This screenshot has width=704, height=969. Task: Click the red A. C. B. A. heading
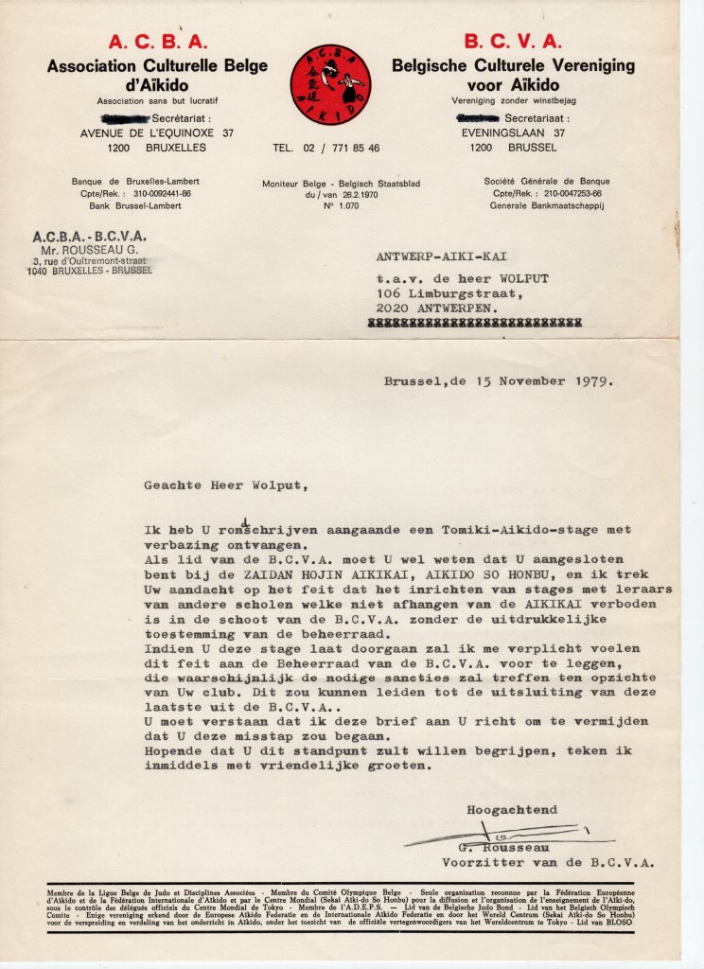coord(156,42)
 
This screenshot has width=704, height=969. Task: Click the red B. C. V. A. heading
coord(513,42)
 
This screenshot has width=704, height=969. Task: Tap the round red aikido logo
coord(329,85)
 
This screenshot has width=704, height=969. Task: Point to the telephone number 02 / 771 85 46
coord(339,149)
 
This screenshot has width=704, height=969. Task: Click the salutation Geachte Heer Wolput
coord(225,485)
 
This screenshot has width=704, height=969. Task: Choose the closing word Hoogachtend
coord(511,810)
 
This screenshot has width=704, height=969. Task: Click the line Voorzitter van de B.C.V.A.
coord(548,862)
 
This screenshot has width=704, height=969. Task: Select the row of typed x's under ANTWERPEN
coord(479,322)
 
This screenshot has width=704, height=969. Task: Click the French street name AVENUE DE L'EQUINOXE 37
coord(156,133)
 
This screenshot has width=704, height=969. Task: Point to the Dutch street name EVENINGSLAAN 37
coord(512,133)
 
